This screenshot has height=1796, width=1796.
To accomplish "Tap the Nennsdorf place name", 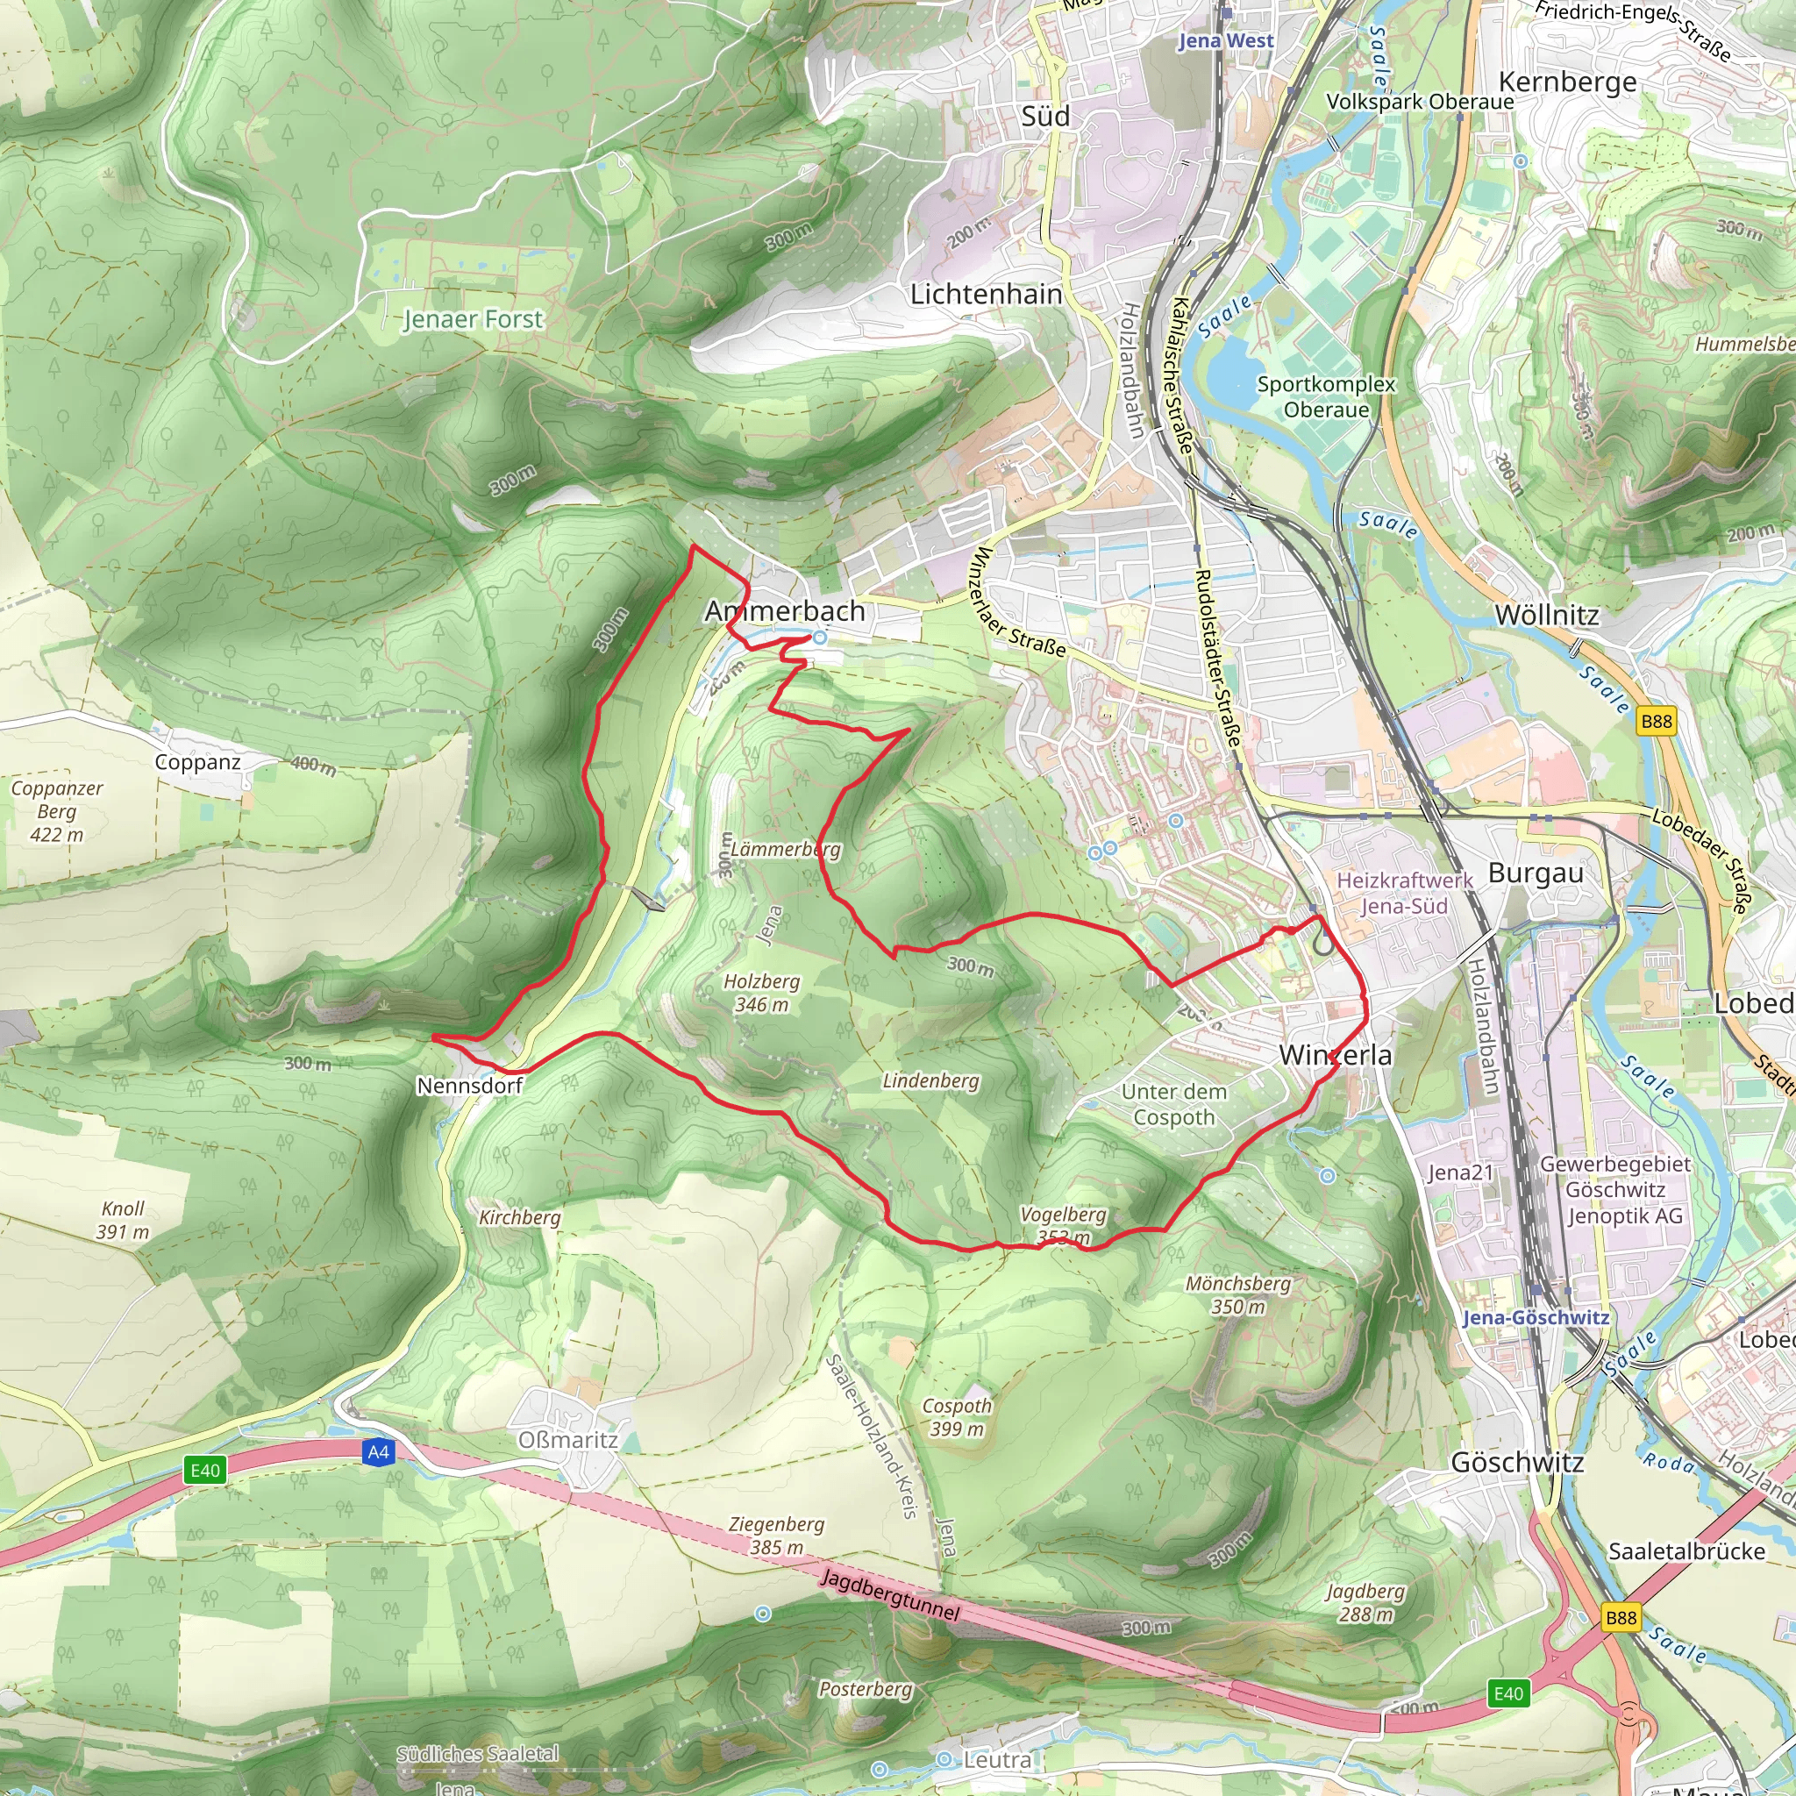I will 469,1086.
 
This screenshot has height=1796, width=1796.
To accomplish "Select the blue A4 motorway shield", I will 378,1452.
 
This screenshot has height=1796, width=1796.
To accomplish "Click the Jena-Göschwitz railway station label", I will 1535,1317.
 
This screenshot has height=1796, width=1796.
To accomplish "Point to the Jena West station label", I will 1225,41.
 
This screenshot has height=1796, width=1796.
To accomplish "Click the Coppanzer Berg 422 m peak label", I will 57,811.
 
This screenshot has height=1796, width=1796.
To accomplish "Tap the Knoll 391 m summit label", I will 123,1220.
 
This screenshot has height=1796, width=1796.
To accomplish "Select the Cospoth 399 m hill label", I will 957,1417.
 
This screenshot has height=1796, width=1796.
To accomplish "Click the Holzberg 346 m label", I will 761,993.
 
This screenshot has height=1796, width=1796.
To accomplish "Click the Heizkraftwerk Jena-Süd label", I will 1404,893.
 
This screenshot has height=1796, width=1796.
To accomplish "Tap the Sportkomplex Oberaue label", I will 1326,397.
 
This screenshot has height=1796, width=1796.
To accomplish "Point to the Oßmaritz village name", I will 567,1440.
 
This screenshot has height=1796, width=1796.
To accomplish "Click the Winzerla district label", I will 1335,1055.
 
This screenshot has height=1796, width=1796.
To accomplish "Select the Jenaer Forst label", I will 473,319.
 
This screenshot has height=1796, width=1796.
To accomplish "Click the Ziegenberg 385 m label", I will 776,1536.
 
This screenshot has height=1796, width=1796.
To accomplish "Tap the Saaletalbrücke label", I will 1686,1551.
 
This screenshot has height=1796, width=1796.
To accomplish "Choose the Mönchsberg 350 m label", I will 1238,1295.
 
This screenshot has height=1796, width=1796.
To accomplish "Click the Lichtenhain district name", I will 986,295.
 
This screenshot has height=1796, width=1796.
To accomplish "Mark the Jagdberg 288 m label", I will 1365,1603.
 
